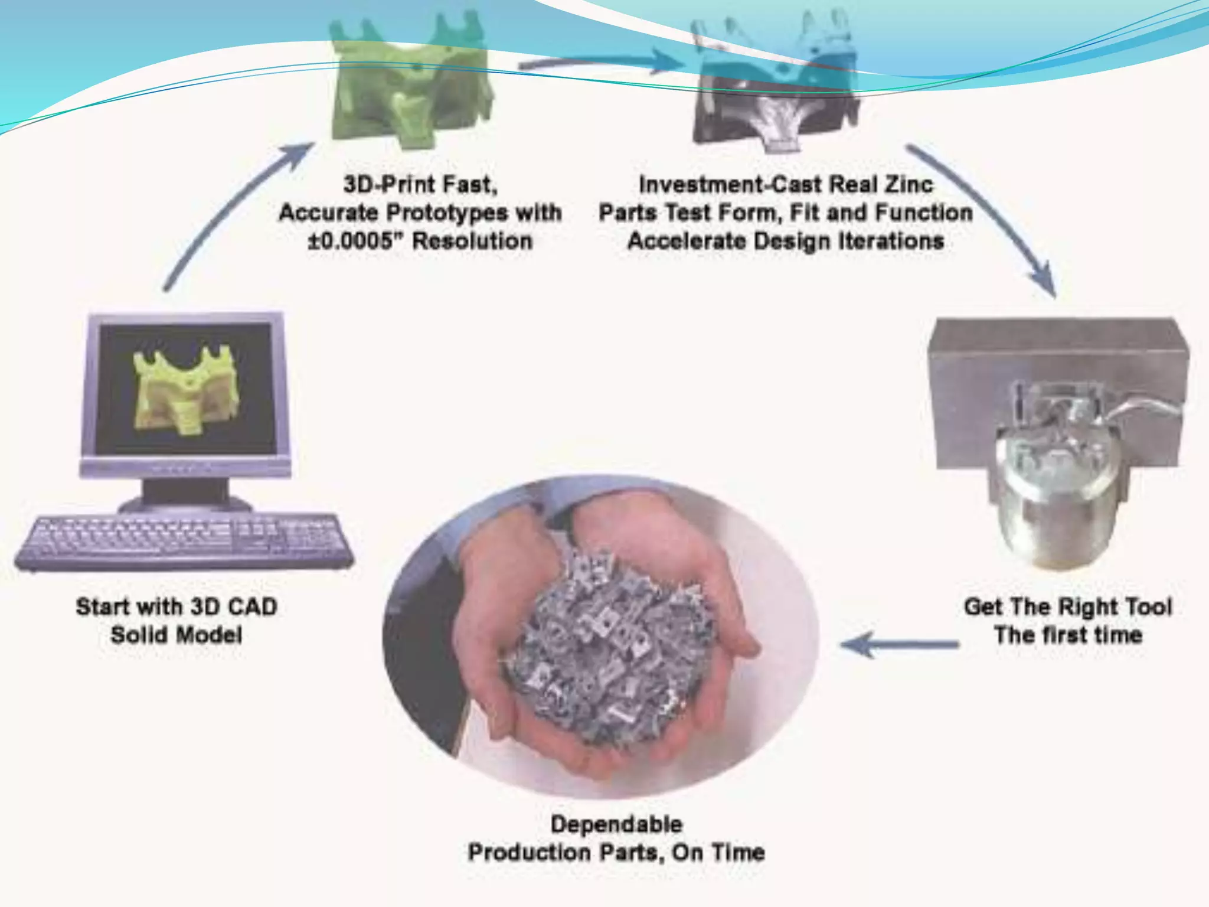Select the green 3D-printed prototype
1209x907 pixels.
point(411,89)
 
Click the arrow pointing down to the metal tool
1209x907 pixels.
point(986,218)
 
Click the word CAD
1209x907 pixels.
point(250,607)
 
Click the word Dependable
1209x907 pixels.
point(616,824)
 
